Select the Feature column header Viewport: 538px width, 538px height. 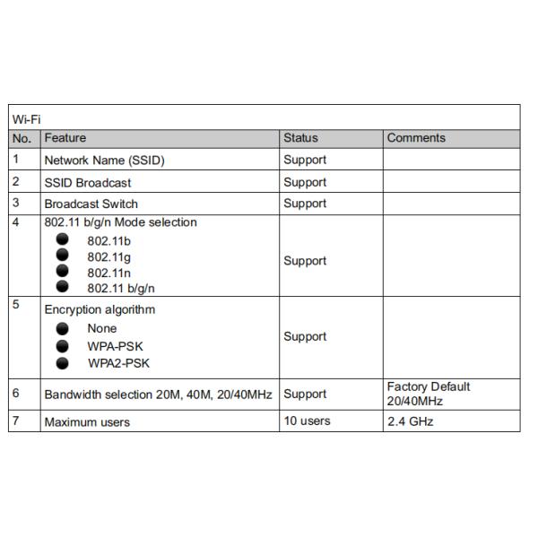[65, 138]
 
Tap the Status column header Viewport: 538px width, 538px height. [300, 138]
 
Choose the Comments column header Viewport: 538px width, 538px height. [416, 138]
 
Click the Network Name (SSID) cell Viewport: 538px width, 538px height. [105, 161]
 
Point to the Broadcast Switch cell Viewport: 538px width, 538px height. [91, 204]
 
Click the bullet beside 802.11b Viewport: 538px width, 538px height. [63, 240]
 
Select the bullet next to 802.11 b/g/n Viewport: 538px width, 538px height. [63, 287]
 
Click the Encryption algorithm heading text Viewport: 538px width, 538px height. [100, 309]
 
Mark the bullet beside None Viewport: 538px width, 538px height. [63, 328]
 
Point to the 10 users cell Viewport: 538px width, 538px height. [307, 421]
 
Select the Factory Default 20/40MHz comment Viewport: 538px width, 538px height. [428, 393]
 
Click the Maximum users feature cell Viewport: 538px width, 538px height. [87, 421]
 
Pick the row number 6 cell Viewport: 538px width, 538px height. [16, 393]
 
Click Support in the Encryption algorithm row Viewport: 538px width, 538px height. [305, 337]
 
